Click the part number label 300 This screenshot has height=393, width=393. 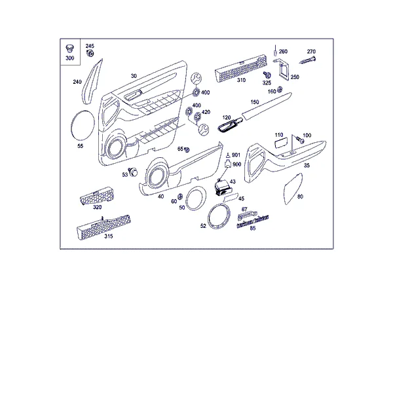(70, 58)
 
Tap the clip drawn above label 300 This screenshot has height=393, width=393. (69, 48)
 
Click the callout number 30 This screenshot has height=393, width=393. (134, 76)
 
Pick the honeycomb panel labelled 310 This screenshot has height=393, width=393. (240, 67)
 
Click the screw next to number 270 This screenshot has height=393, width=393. (308, 60)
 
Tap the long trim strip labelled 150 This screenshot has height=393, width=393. (267, 106)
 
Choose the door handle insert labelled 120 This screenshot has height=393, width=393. (230, 125)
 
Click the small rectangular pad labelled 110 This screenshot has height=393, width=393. (281, 143)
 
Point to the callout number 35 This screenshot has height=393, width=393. (307, 166)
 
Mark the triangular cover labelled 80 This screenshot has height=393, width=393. (293, 189)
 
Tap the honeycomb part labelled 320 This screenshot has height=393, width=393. (97, 195)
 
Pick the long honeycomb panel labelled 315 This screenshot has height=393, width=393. (103, 227)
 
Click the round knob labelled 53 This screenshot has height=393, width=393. (133, 172)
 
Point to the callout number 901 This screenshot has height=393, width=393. (236, 155)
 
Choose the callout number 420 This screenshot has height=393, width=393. (206, 112)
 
